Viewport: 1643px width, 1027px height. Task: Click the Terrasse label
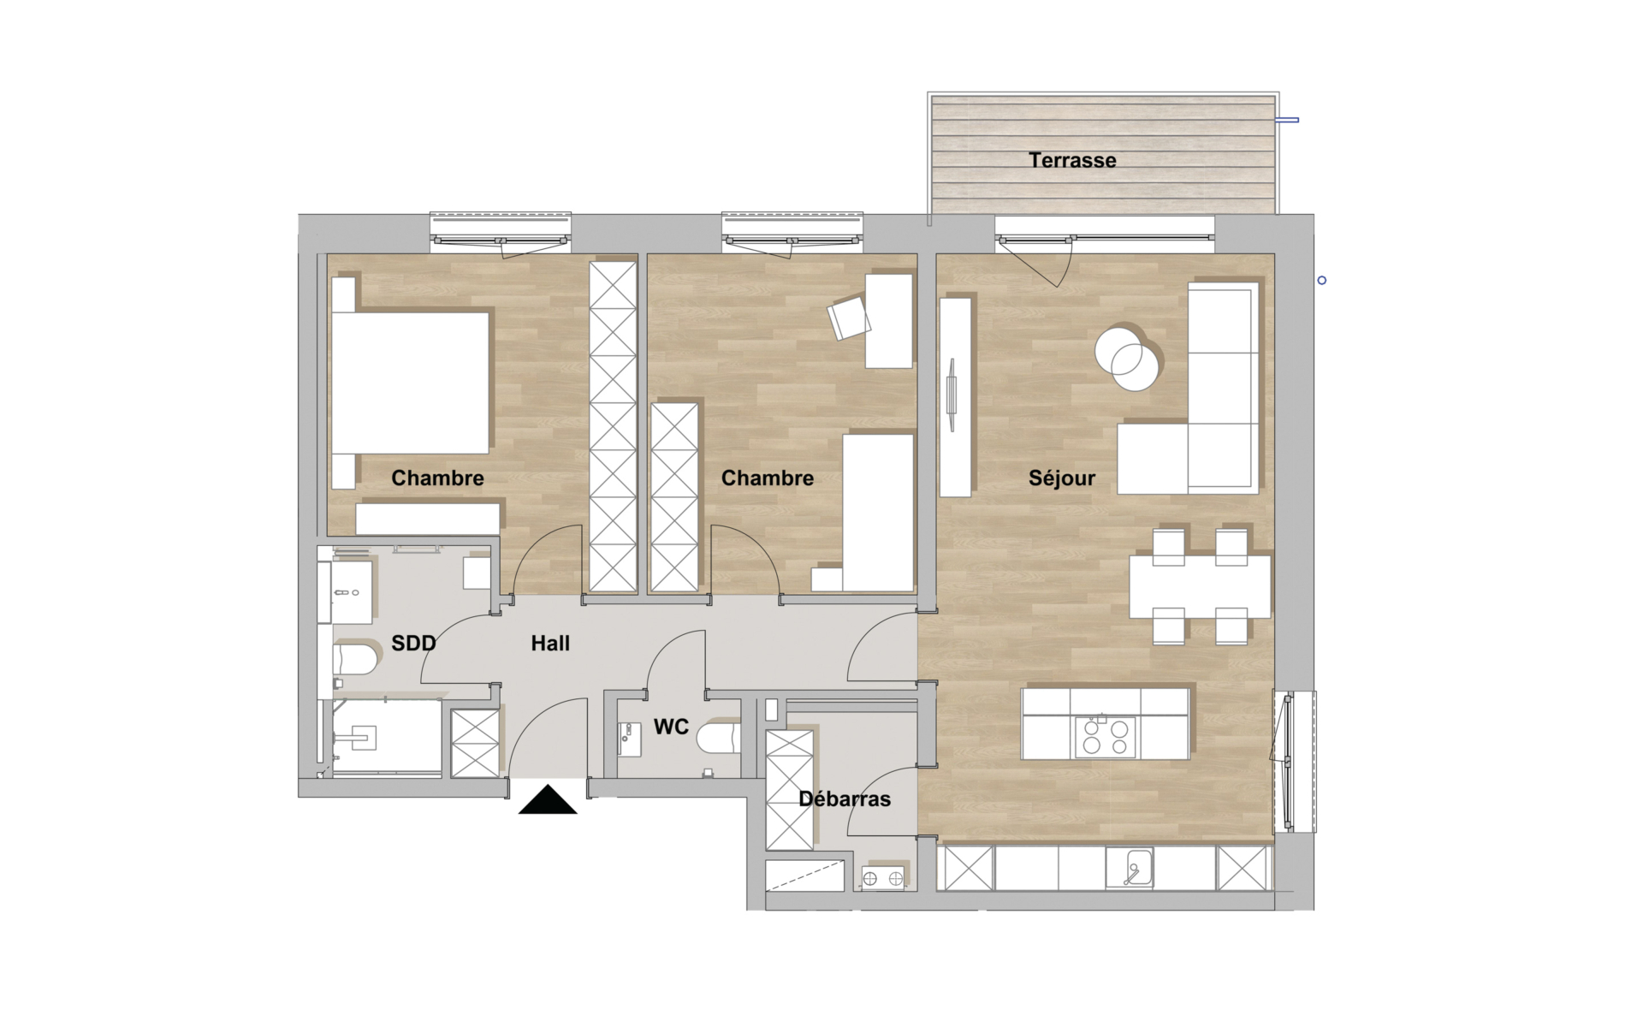[x=1072, y=160]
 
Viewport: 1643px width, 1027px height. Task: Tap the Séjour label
[x=1062, y=478]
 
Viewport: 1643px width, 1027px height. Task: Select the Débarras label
[x=845, y=798]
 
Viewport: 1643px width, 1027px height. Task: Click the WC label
[x=671, y=727]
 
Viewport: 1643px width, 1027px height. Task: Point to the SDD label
[x=413, y=643]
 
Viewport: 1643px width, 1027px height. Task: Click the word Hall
[x=550, y=643]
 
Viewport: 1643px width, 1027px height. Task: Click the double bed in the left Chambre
[x=410, y=383]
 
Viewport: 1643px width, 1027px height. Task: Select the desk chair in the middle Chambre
[x=849, y=318]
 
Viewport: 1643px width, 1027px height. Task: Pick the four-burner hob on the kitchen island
[x=1105, y=737]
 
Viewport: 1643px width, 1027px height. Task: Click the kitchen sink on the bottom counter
[x=1130, y=868]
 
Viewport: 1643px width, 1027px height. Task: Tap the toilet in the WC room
[x=718, y=739]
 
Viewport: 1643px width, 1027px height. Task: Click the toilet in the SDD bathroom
[x=355, y=659]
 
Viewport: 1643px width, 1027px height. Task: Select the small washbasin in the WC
[x=629, y=739]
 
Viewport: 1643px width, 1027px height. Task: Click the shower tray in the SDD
[x=387, y=738]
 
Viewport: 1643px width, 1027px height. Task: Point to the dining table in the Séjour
[x=1199, y=587]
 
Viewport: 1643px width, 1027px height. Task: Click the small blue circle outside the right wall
[x=1322, y=281]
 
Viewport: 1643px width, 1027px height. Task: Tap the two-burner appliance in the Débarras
[x=882, y=878]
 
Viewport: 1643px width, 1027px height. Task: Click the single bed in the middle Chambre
[x=878, y=513]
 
